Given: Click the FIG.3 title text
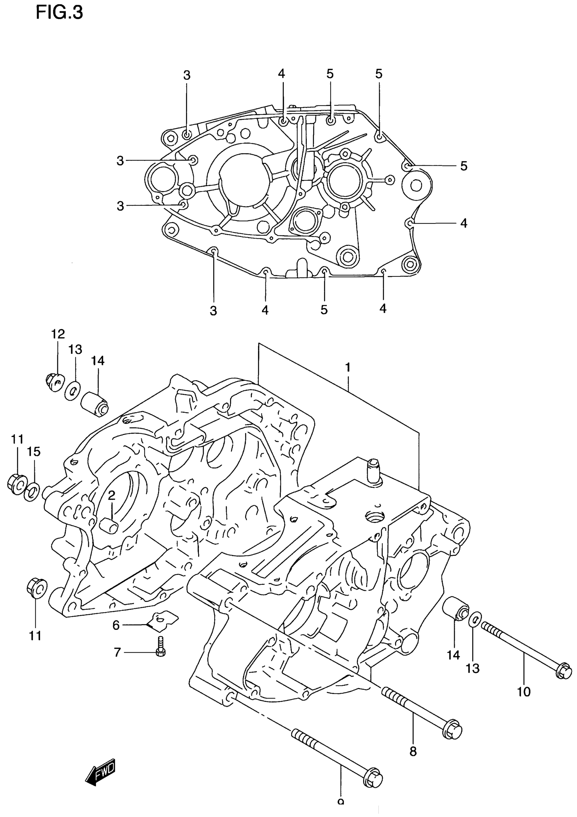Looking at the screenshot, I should coord(59,13).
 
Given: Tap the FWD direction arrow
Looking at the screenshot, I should coord(101,771).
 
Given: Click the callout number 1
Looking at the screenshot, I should coord(348,367).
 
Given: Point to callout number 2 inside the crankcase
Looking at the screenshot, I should coord(112,495).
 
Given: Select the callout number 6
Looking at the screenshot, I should coord(116,625).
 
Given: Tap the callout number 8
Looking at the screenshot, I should coord(413,751).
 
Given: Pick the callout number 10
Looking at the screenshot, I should coord(524,691).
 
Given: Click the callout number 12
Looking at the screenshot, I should coord(58,334).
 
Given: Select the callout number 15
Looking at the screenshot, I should coord(34,452).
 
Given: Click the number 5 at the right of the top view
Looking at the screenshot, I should coord(464,166).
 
